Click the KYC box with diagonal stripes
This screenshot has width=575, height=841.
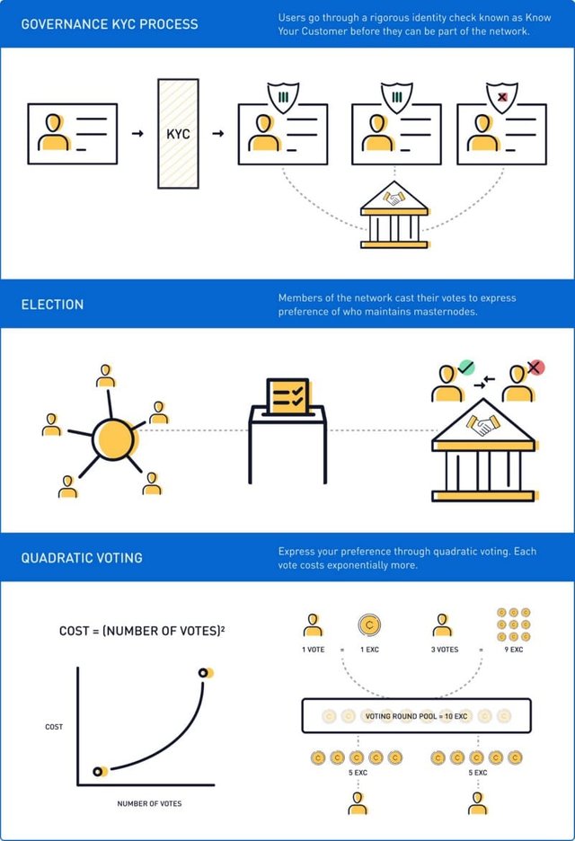coord(178,134)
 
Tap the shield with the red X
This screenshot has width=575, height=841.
coord(502,97)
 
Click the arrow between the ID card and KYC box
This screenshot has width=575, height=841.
coord(137,134)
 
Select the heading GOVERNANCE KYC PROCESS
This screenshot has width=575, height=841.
coord(110,24)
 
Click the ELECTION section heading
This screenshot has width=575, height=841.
coord(53,305)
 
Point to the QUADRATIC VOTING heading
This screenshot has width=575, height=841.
coord(82,558)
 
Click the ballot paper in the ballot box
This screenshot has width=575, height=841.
coord(288,397)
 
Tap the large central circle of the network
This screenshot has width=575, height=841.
coord(113,439)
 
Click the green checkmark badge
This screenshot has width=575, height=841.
coord(466,367)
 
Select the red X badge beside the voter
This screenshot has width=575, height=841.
coord(535,367)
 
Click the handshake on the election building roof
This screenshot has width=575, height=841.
coord(482,425)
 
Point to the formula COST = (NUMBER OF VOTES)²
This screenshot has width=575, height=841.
coord(142,631)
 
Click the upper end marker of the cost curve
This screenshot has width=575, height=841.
coord(203,673)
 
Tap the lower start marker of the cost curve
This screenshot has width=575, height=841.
coord(98,772)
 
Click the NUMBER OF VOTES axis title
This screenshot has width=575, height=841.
coord(149,803)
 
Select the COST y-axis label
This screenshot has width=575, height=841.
coord(54,727)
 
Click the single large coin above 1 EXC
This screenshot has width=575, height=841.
coord(369,624)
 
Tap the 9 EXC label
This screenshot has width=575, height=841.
coord(513,650)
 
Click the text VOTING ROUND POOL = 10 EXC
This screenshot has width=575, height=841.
coord(416,716)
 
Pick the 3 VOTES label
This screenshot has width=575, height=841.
coord(445,650)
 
